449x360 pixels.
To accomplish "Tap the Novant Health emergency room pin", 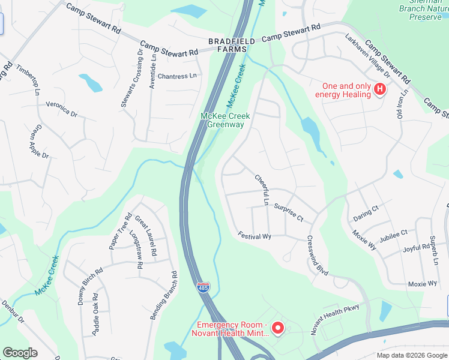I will click(277, 328).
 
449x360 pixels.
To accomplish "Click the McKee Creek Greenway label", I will click(225, 120).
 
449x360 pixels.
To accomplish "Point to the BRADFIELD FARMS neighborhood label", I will click(232, 45).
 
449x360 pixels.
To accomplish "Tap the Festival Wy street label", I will click(255, 236).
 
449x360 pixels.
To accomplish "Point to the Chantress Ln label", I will click(176, 76).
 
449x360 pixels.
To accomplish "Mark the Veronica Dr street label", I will click(61, 109).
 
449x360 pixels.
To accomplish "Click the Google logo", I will click(20, 353).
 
